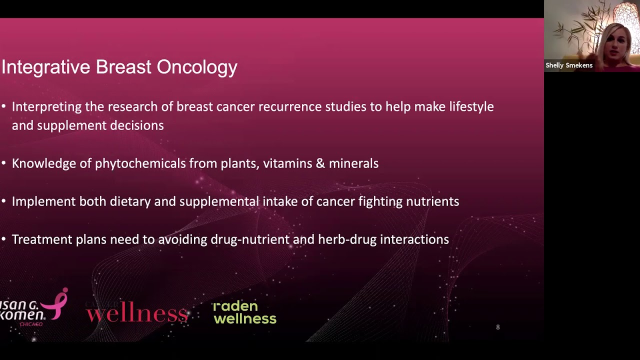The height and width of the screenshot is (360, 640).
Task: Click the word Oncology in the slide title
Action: [197, 67]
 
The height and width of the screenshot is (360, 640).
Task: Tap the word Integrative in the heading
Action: [46, 67]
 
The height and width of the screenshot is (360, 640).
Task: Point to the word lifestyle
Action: [468, 107]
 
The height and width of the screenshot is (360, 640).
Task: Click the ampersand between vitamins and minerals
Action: [319, 163]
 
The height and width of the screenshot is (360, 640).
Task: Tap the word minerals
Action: [353, 163]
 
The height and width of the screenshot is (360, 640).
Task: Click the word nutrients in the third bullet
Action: [434, 201]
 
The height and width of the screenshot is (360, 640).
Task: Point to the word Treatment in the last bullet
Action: [42, 239]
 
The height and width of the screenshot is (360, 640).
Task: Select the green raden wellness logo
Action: [244, 312]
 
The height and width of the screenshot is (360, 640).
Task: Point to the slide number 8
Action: [497, 327]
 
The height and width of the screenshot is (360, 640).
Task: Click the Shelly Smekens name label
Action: [569, 65]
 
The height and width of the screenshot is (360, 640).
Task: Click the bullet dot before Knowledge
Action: [4, 163]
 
